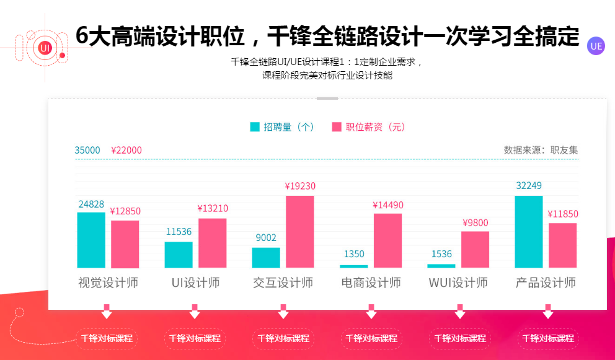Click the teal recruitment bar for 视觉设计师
(91, 240)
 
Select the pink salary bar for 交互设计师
(300, 232)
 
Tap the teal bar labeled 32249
(529, 232)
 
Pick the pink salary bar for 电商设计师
(387, 240)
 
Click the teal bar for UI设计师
(179, 255)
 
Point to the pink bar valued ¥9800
(476, 250)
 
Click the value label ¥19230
(300, 186)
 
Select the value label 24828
(91, 204)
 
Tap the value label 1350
(354, 254)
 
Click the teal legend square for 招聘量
(255, 127)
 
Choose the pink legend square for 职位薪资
(337, 127)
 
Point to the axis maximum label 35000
(87, 150)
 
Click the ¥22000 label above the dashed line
(126, 150)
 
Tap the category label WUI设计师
(458, 283)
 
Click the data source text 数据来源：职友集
(541, 150)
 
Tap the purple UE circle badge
(596, 46)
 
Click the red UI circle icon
(44, 47)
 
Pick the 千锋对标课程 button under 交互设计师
(283, 338)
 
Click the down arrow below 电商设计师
(371, 311)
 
